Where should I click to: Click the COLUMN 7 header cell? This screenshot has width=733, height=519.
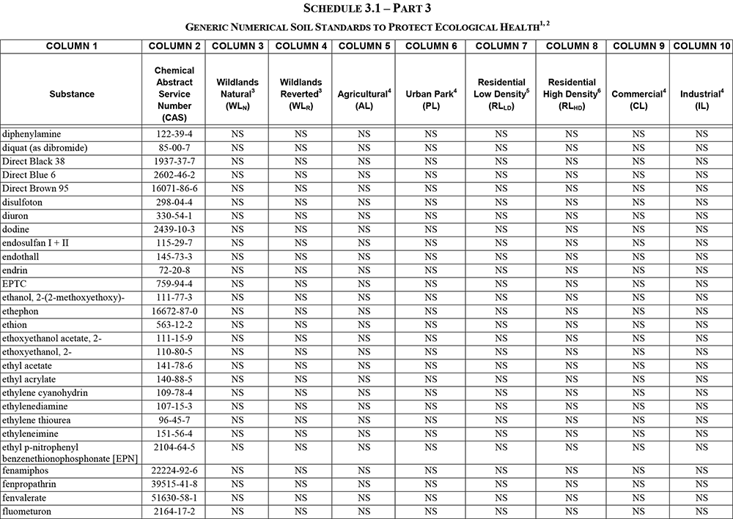coord(501,46)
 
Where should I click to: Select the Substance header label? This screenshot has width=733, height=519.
coord(72,94)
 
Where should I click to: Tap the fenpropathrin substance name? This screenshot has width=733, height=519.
coord(29,485)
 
